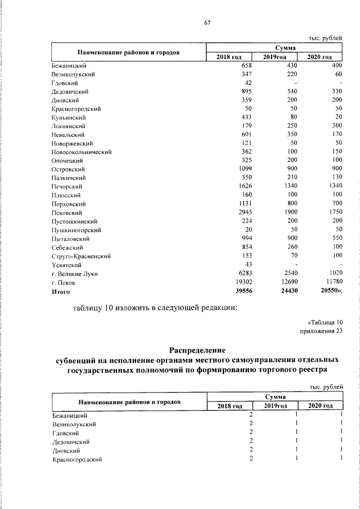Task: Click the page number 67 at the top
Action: click(206, 22)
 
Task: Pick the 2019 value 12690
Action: click(287, 283)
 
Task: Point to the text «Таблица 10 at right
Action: click(325, 322)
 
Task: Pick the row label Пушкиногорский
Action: click(75, 231)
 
